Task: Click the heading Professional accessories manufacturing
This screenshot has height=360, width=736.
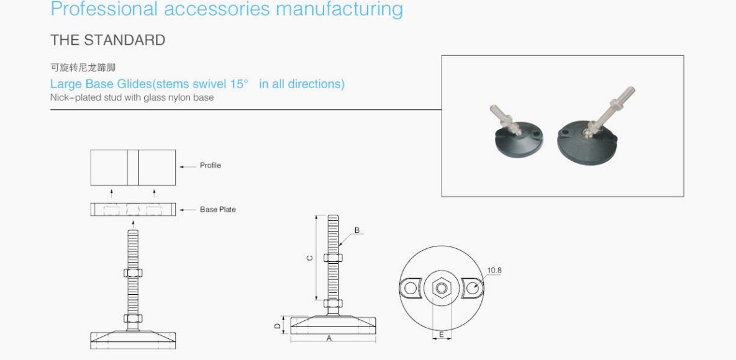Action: (227, 9)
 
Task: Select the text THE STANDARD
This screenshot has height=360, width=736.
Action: (108, 40)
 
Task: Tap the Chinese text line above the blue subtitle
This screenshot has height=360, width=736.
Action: (83, 68)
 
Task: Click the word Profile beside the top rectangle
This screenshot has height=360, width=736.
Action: (211, 166)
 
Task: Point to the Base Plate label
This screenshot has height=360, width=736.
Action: (218, 209)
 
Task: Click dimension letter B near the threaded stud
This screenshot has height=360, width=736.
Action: (357, 230)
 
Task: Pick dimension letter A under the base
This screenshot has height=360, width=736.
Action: (329, 338)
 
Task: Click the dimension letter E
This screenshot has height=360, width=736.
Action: (441, 335)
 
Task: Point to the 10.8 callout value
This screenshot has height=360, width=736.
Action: (494, 271)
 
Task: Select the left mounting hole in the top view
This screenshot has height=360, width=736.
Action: (411, 288)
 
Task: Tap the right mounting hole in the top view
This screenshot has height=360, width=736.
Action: (472, 288)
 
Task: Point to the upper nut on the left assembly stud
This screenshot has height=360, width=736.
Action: (133, 272)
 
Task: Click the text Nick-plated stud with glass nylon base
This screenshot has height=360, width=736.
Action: (132, 97)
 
